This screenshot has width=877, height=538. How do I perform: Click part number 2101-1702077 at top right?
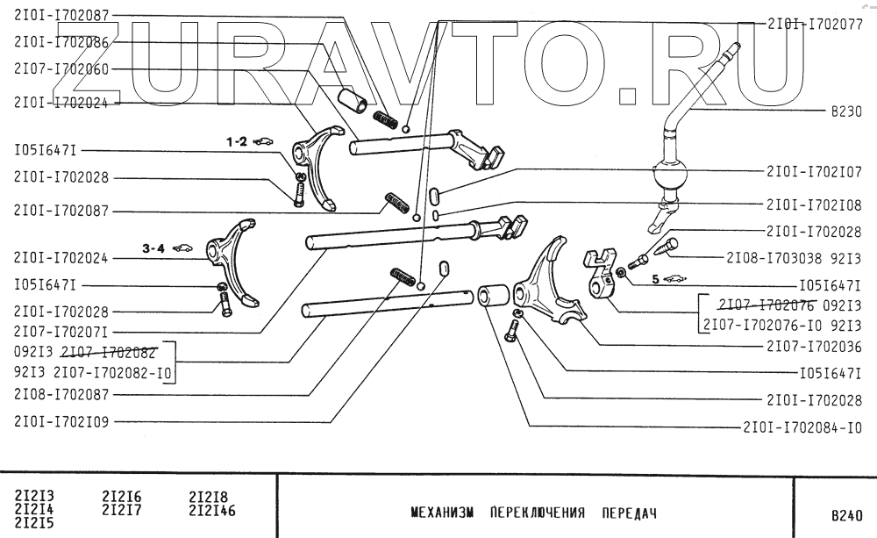pos(814,25)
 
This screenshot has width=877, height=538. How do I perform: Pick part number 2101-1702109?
pos(61,420)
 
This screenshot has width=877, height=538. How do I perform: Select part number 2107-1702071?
pos(61,332)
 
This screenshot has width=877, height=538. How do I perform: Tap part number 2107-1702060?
pos(61,68)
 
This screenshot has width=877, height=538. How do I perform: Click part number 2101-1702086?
pos(61,41)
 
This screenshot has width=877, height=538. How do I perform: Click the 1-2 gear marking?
pos(237,140)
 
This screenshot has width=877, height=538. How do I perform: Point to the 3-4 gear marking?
pos(153,248)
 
